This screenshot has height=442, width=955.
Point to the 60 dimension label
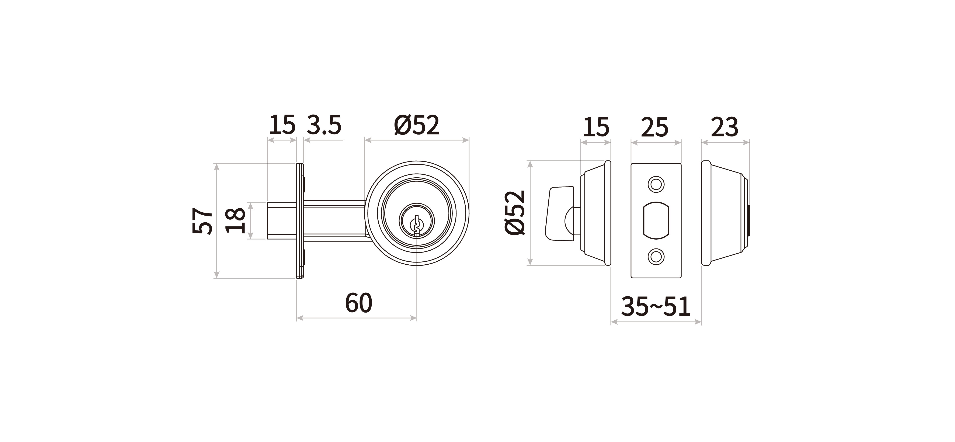358,303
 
